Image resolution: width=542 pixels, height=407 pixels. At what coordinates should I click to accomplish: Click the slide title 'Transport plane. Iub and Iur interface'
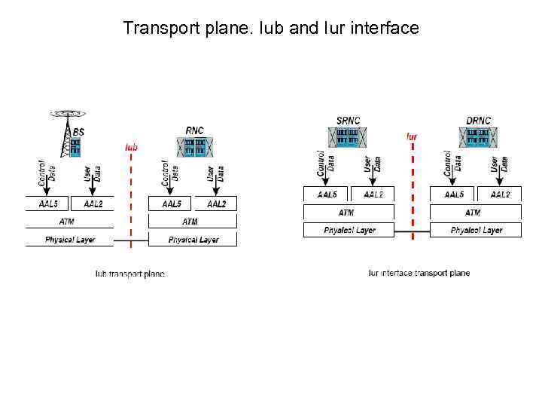click(271, 29)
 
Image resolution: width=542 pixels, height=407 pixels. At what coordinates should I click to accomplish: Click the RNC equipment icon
click(194, 147)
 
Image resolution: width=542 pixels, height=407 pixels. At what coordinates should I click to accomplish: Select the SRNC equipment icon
click(347, 136)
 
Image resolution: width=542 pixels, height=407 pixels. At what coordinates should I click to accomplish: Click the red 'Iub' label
click(131, 147)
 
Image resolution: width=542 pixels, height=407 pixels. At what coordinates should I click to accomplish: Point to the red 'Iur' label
click(412, 136)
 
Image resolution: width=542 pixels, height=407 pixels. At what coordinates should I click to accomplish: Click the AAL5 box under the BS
click(47, 203)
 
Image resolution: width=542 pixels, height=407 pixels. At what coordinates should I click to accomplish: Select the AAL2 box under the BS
click(93, 203)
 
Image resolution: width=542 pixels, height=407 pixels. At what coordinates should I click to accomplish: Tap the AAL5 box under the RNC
click(171, 203)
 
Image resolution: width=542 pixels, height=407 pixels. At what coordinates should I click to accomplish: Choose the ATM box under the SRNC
click(346, 213)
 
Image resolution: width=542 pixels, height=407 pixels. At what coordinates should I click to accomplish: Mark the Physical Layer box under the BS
click(69, 240)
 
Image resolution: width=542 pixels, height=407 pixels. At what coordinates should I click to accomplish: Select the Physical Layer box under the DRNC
click(476, 230)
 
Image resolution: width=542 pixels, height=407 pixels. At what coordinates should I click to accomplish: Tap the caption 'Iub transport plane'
click(129, 274)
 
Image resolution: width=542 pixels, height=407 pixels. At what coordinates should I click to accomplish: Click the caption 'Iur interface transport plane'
click(419, 273)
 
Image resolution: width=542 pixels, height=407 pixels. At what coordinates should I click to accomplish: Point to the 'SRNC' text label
click(348, 121)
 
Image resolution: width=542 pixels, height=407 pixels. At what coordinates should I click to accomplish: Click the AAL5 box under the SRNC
click(327, 194)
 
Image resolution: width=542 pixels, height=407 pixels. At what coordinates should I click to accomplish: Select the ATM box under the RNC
click(191, 222)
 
